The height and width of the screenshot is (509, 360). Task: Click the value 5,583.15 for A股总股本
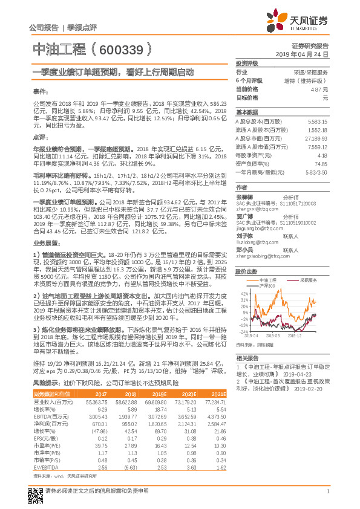tap(318, 122)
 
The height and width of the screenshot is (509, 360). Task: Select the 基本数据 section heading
tap(247, 112)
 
